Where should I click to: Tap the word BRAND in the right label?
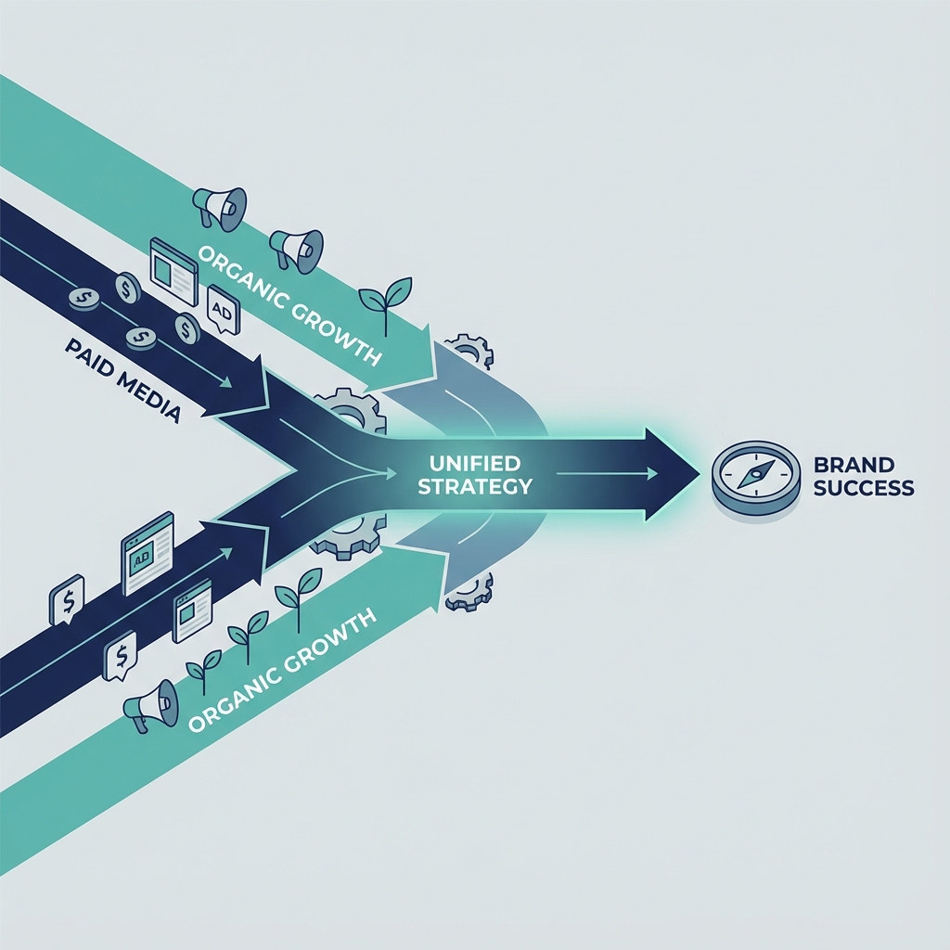click(853, 464)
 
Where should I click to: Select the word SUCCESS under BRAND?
click(863, 488)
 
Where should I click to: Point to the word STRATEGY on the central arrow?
click(474, 485)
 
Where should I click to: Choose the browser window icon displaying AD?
click(148, 552)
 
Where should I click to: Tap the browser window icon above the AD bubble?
click(174, 271)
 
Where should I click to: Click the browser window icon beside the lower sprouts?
click(193, 610)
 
